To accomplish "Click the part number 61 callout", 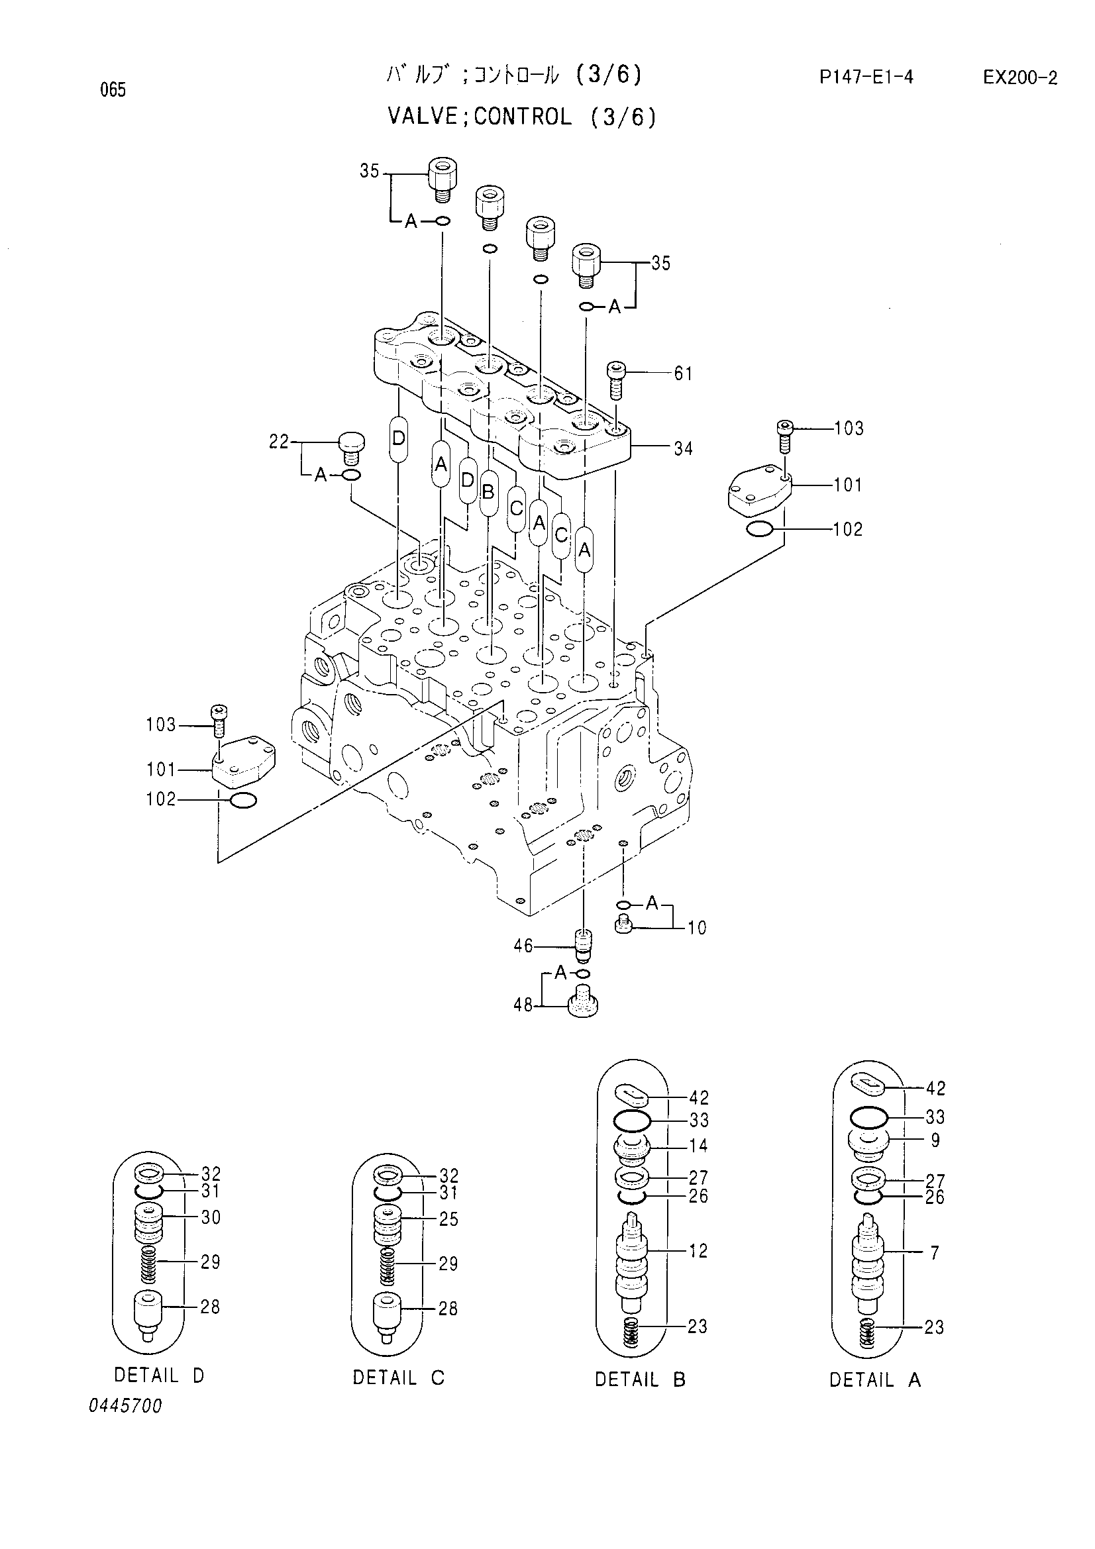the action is [x=683, y=373].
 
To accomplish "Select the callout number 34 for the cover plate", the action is [x=683, y=448].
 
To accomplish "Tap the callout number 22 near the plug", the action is [x=279, y=442].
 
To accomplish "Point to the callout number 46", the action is [x=523, y=946].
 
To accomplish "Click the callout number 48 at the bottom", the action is [x=523, y=1006].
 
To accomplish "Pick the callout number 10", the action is [x=697, y=928].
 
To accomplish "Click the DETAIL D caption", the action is [x=158, y=1375].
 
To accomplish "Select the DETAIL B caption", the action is [x=640, y=1379].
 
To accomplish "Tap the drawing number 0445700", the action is [x=125, y=1406].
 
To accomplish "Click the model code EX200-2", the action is [x=1019, y=77].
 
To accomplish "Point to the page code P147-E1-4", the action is [x=866, y=77].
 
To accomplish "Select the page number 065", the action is [x=113, y=89].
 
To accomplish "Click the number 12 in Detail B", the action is [x=698, y=1251].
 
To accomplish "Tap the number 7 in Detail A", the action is [x=935, y=1253].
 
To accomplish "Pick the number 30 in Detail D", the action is [x=211, y=1217].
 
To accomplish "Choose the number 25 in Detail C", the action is [x=448, y=1219].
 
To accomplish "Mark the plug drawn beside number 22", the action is [x=351, y=448].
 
